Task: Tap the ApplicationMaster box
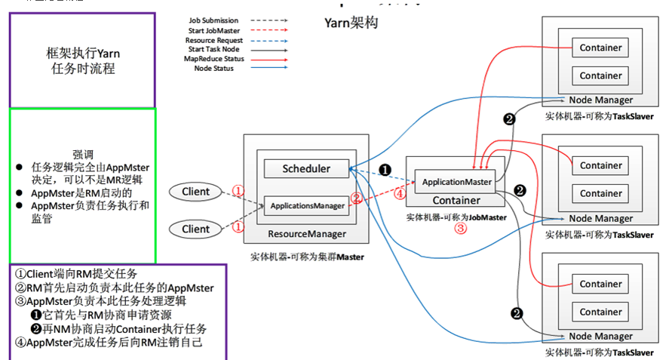tap(457, 182)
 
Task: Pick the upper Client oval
tap(196, 192)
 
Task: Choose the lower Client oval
tap(196, 229)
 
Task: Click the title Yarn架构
tap(351, 23)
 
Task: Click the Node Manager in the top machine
tap(601, 100)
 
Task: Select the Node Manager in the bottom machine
tap(601, 337)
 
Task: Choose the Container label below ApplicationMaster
tap(456, 201)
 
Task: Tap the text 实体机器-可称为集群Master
tap(308, 257)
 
